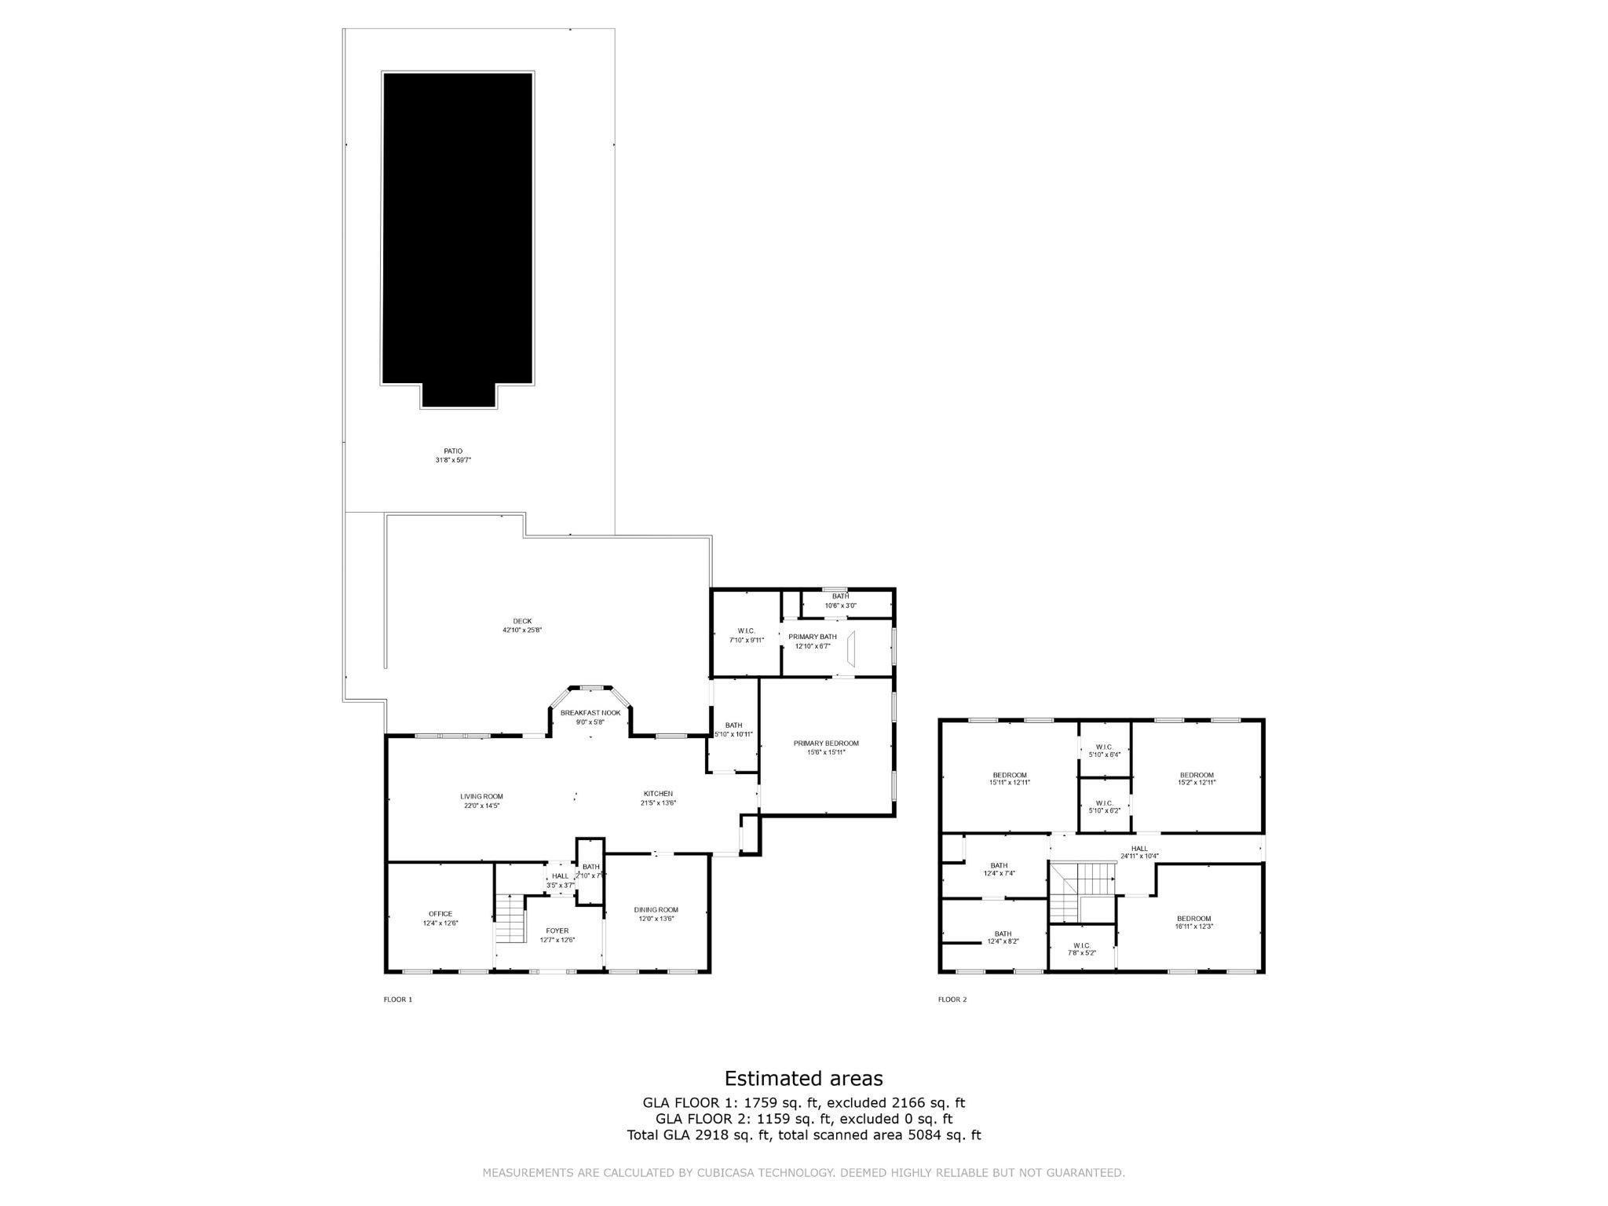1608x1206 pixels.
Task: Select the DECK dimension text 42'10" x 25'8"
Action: coord(522,630)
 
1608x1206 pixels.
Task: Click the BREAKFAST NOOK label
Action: coord(590,713)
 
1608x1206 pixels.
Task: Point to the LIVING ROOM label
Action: coord(481,796)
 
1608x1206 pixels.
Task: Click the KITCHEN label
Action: coord(658,793)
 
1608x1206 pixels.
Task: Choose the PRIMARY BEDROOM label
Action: coord(826,743)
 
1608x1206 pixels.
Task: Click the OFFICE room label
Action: coord(440,914)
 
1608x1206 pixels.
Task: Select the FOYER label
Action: coord(557,930)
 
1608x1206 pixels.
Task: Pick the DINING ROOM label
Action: coord(656,909)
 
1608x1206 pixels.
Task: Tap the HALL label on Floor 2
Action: coord(1139,848)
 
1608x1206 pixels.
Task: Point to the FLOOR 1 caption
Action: coord(397,1000)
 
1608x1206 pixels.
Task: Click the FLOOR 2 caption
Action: coord(952,1000)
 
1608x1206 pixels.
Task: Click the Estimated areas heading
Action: coord(803,1078)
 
